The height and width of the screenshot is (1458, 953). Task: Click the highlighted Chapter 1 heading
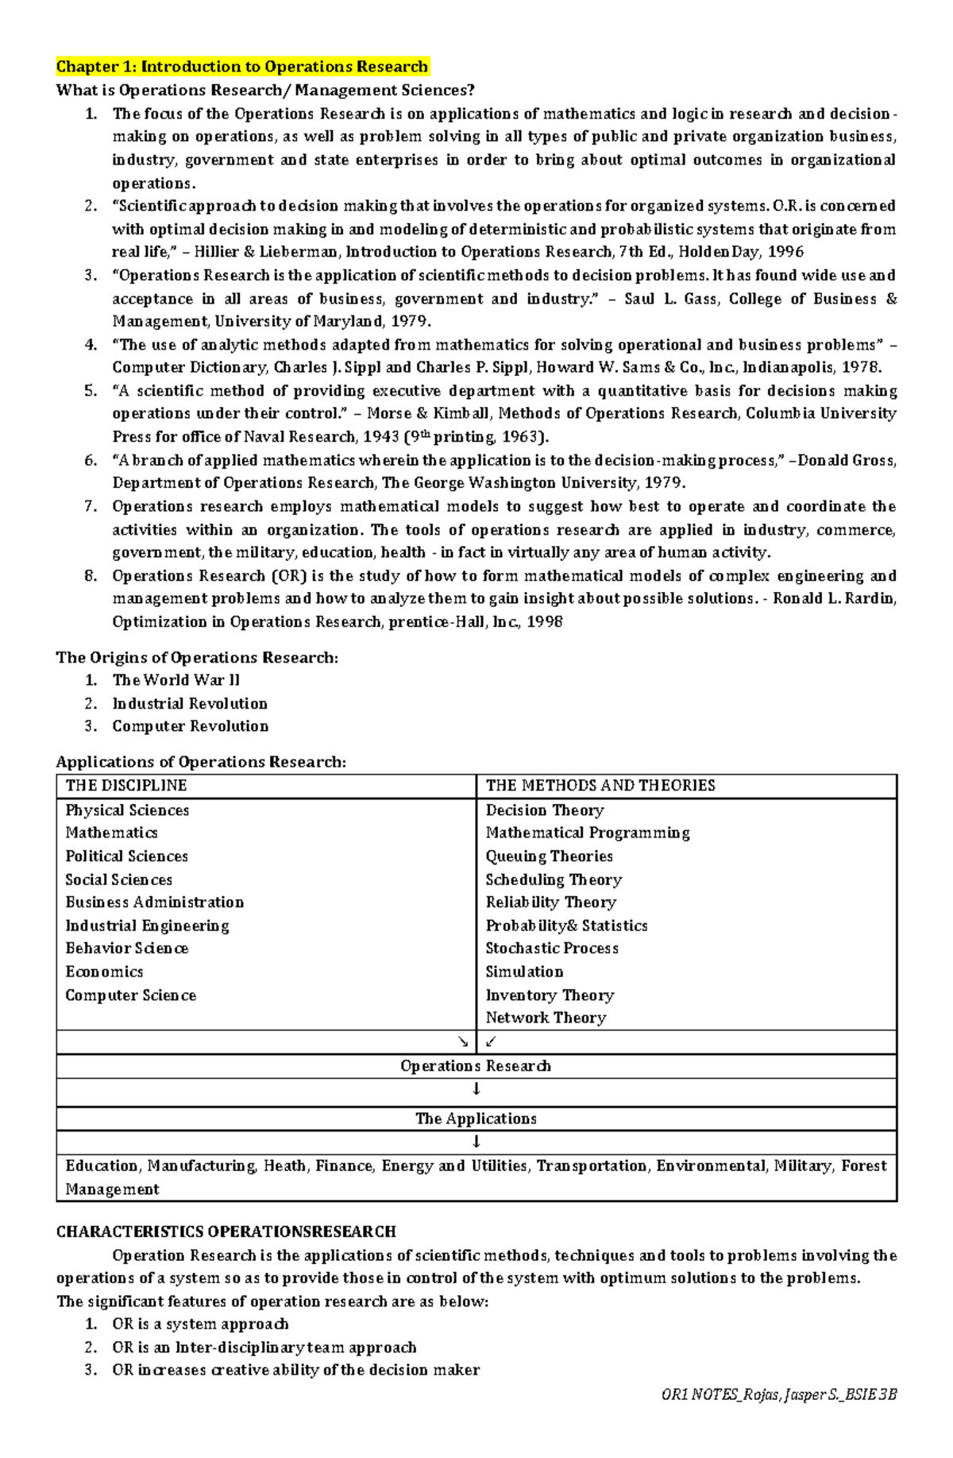(242, 67)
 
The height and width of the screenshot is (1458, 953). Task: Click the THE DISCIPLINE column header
(126, 786)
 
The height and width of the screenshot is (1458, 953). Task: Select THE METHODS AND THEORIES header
(600, 786)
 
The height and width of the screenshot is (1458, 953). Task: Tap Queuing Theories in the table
(550, 857)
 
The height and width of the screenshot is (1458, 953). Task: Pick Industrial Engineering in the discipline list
(148, 926)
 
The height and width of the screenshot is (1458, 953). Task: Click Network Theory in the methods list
(546, 1018)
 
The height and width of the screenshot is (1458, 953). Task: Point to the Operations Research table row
(476, 1066)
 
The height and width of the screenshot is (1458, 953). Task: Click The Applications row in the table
(476, 1119)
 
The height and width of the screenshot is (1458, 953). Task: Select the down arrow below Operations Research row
(476, 1090)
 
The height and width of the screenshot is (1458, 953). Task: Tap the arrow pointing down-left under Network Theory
(490, 1042)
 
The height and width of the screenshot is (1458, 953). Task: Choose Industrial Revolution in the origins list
(190, 704)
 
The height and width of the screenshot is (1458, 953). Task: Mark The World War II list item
(176, 680)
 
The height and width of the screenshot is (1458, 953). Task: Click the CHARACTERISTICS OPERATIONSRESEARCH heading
(226, 1232)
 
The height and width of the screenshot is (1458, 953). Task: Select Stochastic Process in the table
(552, 949)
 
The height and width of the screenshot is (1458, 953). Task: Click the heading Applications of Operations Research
(201, 762)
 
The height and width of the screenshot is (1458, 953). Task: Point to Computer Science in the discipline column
(131, 996)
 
